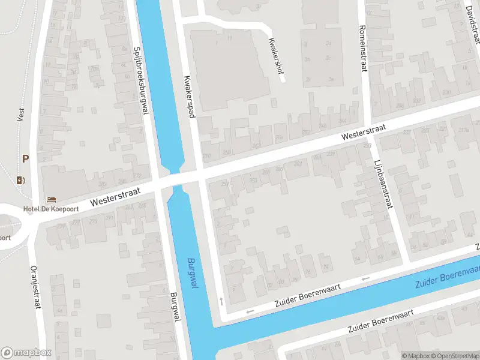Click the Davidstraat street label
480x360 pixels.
point(473,24)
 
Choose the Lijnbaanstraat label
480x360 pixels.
point(382,184)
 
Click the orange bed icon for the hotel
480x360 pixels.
point(51,199)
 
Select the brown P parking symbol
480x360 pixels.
point(25,159)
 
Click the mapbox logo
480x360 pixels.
point(26,353)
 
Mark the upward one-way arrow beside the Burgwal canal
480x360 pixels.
point(221,300)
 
